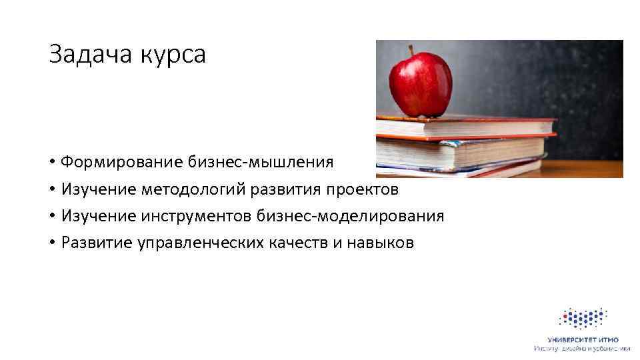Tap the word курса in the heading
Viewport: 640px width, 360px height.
[x=173, y=56]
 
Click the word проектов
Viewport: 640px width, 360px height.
[x=362, y=189]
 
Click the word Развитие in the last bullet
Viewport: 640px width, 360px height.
[x=96, y=243]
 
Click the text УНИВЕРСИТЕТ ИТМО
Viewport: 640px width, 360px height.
[x=582, y=340]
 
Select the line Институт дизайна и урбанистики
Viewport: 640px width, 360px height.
[x=582, y=349]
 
